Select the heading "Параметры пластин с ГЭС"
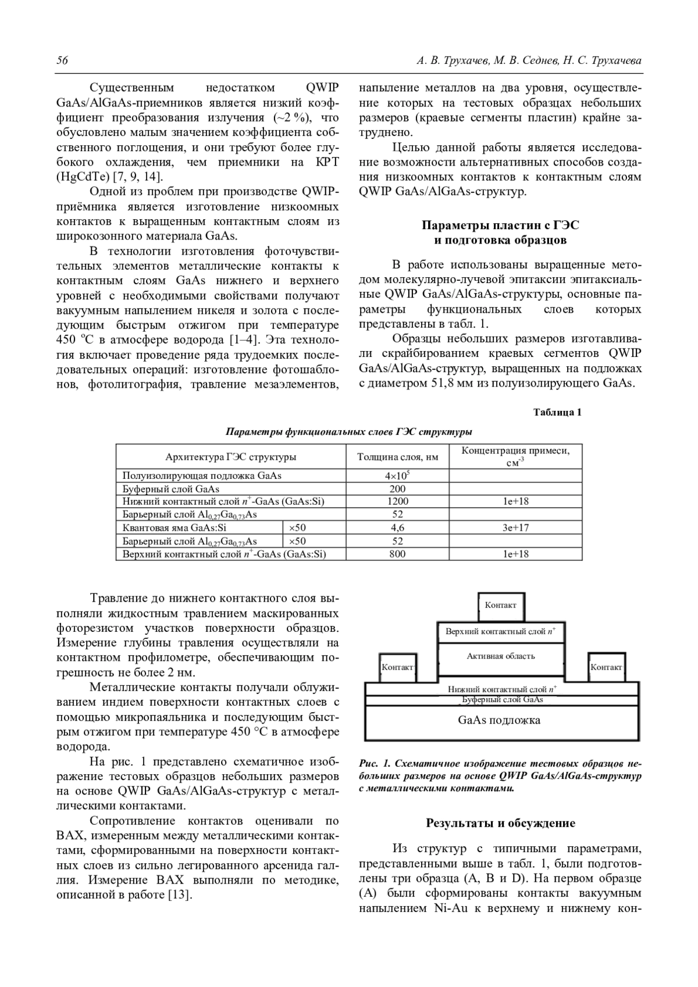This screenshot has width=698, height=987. [500, 226]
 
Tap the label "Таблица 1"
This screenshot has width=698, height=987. [557, 413]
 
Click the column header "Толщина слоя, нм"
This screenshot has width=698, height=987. [397, 457]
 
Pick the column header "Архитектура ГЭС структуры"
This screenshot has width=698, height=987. [231, 457]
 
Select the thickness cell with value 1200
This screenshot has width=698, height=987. [397, 501]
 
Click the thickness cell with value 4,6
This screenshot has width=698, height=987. [397, 528]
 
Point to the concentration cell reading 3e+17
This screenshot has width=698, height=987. [515, 528]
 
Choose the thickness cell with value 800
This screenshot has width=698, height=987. [397, 554]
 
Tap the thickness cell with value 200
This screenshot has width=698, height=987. [397, 489]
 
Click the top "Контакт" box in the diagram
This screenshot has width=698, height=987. [500, 606]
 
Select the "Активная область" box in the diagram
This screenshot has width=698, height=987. [500, 657]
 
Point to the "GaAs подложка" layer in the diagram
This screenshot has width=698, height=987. [499, 721]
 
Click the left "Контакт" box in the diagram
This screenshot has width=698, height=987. [397, 668]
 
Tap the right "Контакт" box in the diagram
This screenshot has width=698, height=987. [606, 668]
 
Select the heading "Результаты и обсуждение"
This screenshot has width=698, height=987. [500, 823]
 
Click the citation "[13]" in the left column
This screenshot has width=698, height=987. [180, 895]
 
